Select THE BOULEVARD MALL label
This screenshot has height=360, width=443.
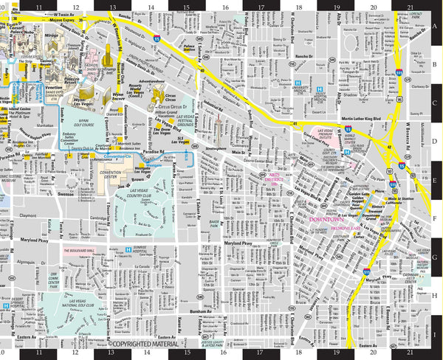point(79,252)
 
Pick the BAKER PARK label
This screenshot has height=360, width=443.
point(213,222)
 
